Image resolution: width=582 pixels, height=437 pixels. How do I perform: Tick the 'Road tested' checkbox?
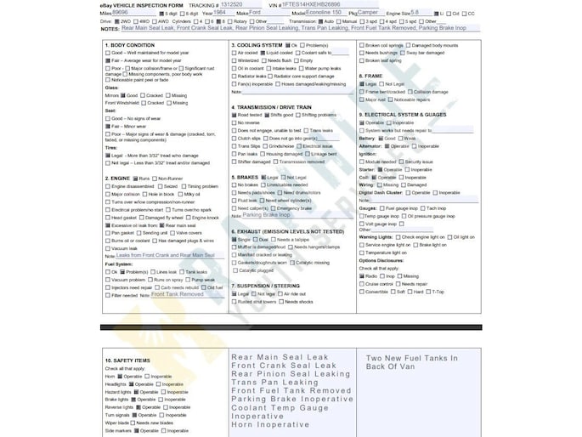(x=234, y=115)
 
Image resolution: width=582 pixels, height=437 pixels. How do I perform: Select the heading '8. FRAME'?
(x=373, y=76)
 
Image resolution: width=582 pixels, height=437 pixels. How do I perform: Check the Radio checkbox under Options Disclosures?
(x=362, y=276)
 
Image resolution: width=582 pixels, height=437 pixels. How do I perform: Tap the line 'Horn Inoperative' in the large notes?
(x=270, y=424)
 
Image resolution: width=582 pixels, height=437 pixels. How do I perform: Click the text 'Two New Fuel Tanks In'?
(x=410, y=358)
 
